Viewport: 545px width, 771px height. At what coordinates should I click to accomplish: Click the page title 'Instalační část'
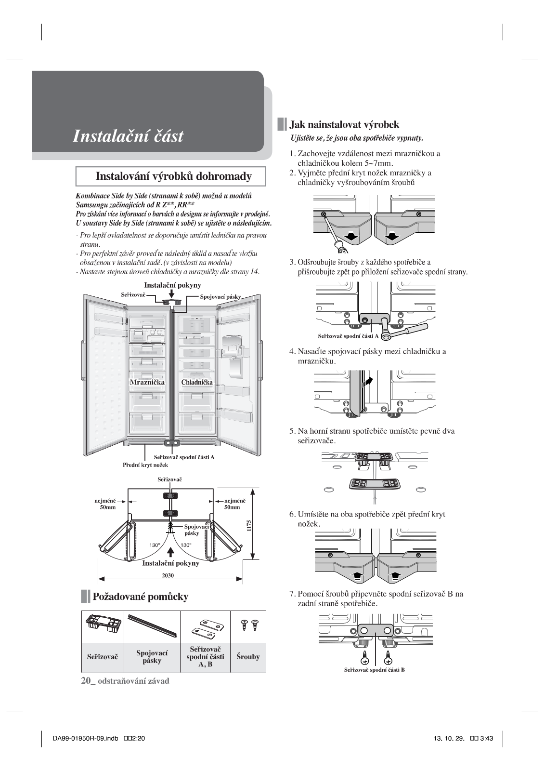click(128, 136)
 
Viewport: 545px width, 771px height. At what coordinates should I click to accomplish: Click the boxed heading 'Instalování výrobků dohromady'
click(173, 176)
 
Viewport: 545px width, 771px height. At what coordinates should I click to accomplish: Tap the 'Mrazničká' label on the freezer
click(147, 382)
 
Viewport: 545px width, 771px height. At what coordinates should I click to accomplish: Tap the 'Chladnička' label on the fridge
click(197, 382)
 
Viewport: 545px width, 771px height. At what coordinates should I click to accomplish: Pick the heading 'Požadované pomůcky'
click(140, 597)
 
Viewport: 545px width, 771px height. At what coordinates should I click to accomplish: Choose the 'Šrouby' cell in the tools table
click(248, 656)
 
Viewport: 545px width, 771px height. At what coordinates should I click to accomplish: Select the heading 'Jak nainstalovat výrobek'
click(344, 125)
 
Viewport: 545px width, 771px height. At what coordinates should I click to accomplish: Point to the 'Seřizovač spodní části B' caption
click(374, 670)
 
